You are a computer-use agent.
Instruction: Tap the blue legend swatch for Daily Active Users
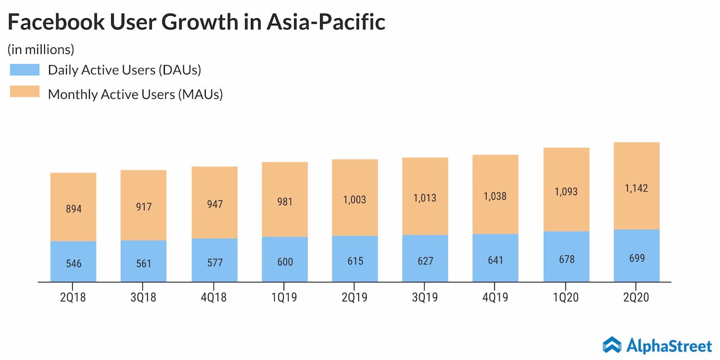(x=25, y=70)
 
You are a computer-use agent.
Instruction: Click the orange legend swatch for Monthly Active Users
(x=25, y=92)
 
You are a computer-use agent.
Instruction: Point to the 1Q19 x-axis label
(x=285, y=298)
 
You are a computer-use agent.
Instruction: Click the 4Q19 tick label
(x=496, y=298)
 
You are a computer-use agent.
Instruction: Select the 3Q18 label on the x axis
(x=143, y=298)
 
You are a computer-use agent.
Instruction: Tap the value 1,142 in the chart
(x=636, y=188)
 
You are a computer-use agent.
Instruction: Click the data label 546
(x=73, y=263)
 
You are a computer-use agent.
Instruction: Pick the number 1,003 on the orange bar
(x=355, y=200)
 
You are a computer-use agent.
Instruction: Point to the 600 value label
(x=285, y=262)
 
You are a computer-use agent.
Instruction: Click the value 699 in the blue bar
(x=637, y=258)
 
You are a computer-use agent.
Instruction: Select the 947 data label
(x=214, y=204)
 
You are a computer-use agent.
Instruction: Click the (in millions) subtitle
(x=40, y=49)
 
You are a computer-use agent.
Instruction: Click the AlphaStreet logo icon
(x=612, y=344)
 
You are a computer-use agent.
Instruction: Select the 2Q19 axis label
(x=355, y=298)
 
